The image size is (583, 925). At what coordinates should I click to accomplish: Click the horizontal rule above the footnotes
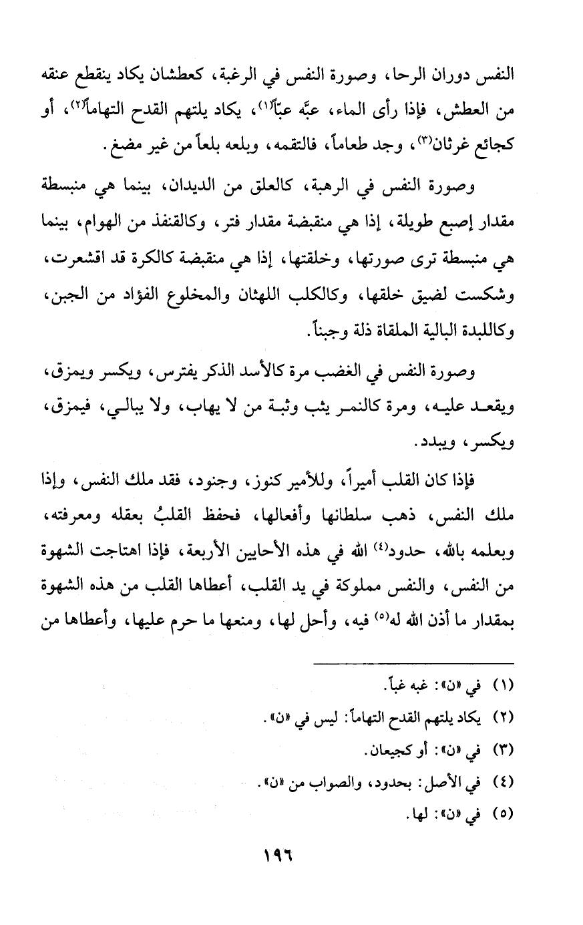[415, 663]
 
